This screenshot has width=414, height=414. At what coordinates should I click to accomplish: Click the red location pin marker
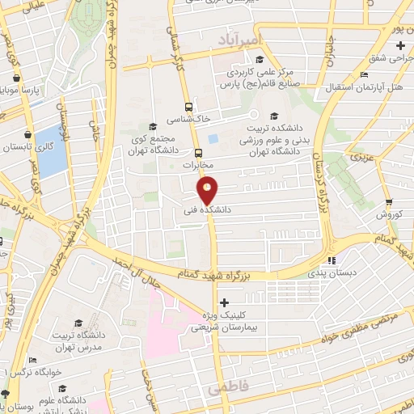[x=208, y=190]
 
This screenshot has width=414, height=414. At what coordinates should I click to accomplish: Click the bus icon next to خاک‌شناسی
[x=188, y=106]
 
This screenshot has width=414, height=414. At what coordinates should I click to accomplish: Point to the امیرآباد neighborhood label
[x=247, y=38]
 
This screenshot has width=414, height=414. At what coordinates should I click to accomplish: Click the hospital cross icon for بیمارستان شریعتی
[x=224, y=303]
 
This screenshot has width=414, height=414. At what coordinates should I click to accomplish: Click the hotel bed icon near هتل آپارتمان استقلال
[x=364, y=74]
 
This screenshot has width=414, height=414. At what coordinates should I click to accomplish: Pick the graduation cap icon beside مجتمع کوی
[x=154, y=125]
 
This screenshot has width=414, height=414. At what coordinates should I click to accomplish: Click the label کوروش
[x=390, y=214]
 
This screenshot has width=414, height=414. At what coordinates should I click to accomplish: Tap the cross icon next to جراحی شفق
[x=400, y=44]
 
